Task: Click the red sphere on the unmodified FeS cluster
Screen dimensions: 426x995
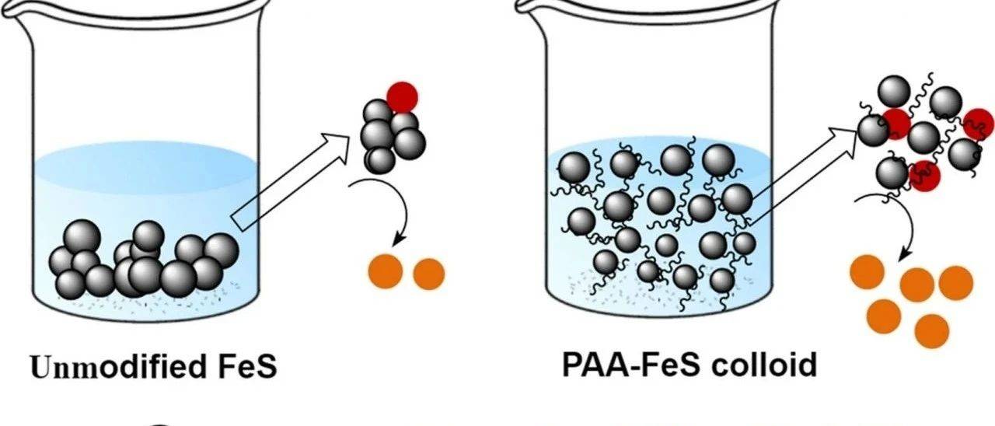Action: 402,97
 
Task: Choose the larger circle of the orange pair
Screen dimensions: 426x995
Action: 386,271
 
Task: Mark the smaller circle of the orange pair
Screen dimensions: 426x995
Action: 428,274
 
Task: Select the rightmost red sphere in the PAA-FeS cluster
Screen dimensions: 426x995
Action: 978,123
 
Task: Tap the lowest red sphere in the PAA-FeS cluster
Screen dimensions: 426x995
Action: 924,176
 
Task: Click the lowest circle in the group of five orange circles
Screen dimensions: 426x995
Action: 932,331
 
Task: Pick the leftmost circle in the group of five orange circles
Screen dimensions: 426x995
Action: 868,271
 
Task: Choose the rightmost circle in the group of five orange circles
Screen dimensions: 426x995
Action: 956,281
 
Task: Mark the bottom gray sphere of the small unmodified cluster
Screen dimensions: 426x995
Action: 380,159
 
